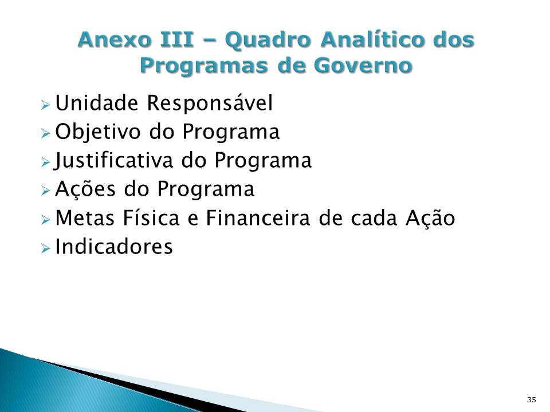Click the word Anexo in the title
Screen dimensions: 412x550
[x=111, y=41]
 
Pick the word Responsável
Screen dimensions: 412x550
[x=210, y=104]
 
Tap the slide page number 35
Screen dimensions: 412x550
[x=531, y=399]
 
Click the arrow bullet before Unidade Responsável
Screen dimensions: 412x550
[x=46, y=105]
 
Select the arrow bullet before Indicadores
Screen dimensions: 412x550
[x=46, y=248]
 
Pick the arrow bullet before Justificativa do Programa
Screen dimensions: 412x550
[x=46, y=162]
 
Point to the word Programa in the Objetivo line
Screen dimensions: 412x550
[x=231, y=133]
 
